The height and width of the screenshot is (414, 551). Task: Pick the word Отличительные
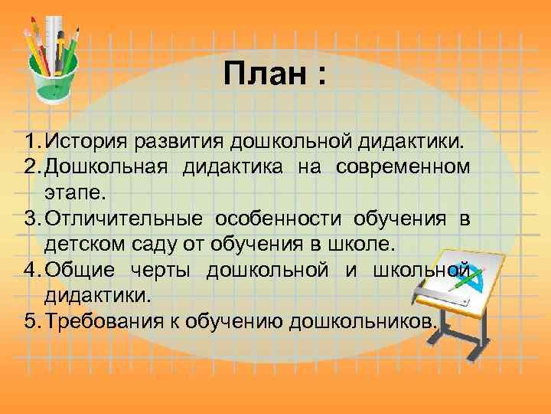coord(123,219)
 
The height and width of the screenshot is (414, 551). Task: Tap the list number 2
coord(30,168)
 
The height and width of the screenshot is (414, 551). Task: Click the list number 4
coord(30,271)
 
